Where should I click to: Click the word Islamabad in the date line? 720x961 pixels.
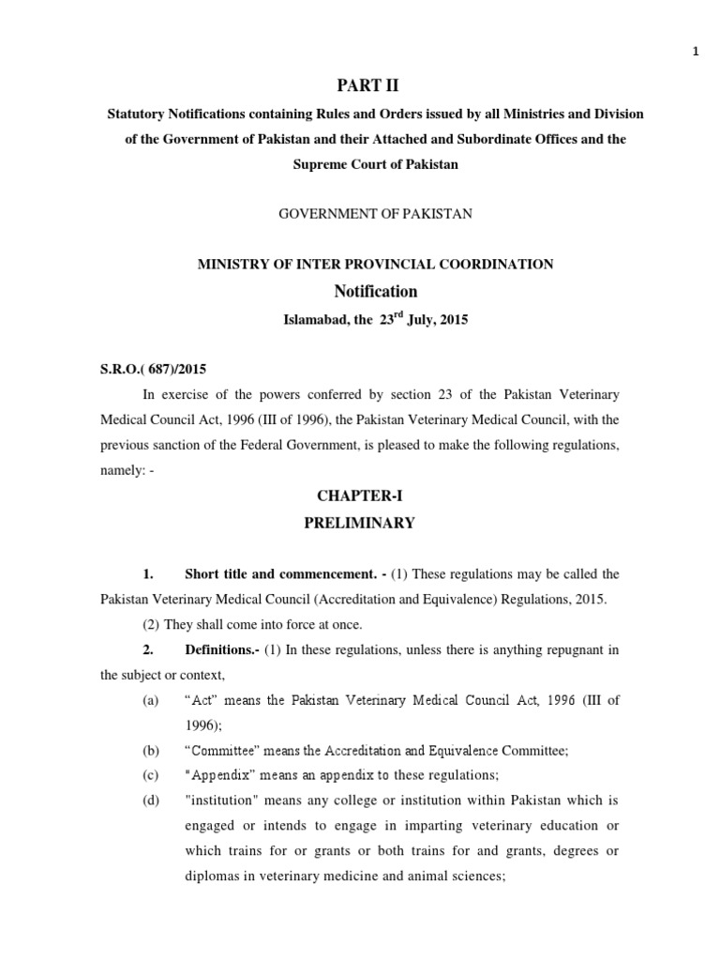317,320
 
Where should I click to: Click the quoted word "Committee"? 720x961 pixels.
223,750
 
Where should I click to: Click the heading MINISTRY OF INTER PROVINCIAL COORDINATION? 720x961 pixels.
375,265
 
